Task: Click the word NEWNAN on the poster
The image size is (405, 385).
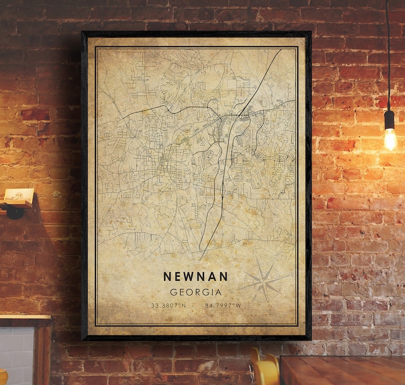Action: coord(195,276)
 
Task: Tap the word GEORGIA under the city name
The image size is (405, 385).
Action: coord(196,293)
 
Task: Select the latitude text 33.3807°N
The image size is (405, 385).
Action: coord(168,305)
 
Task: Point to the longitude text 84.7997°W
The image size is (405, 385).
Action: coord(222,305)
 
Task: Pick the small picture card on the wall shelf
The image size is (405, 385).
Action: coord(19,196)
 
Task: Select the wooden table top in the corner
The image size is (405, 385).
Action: coord(342,370)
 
